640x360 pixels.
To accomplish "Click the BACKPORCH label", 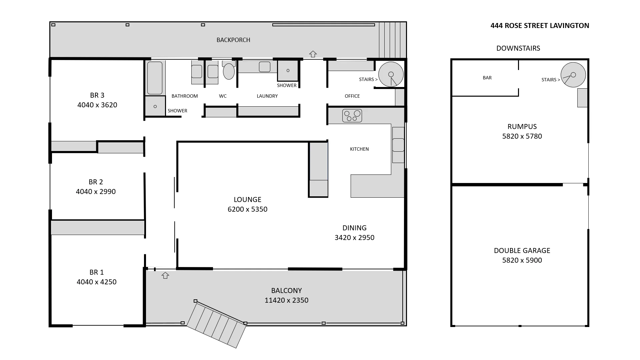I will (x=233, y=40).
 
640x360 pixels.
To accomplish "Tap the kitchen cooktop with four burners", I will (x=352, y=116).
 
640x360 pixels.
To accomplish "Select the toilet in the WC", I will (x=229, y=71).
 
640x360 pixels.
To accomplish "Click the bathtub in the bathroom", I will (x=155, y=78).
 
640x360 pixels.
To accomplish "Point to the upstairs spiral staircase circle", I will (x=391, y=74).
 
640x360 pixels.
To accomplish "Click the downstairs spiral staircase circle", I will (x=573, y=75).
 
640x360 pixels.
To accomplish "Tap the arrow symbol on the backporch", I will (x=313, y=54).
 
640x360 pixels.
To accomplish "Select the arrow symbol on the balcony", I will (x=165, y=275).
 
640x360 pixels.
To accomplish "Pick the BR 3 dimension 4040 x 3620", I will (x=97, y=105).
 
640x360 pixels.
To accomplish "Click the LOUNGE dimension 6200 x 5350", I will (x=247, y=209).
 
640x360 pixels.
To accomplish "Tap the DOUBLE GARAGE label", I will (x=522, y=251).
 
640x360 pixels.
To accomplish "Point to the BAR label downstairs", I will (x=487, y=78).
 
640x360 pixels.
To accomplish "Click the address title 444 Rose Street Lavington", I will (x=540, y=26).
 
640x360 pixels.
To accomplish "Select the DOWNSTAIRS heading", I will (x=518, y=48).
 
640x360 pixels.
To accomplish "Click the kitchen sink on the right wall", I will (x=398, y=145).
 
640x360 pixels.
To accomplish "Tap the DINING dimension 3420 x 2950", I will (x=354, y=238).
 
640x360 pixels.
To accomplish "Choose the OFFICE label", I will (x=352, y=96).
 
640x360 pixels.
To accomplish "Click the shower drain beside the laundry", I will (x=288, y=70).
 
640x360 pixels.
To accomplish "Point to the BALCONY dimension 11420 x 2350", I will (x=286, y=300).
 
